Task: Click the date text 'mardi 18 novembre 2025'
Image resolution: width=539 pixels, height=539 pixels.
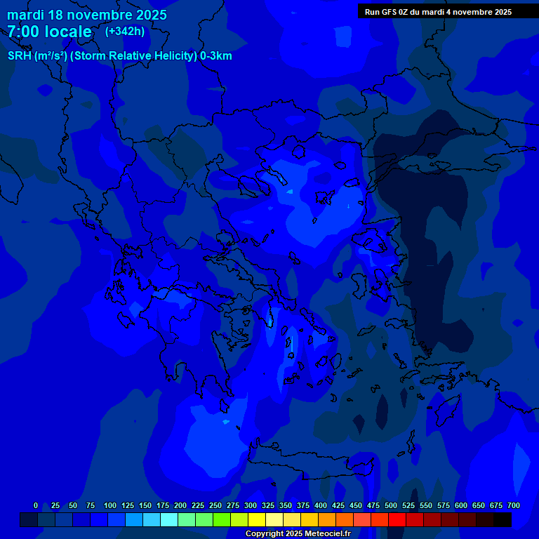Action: coord(87,15)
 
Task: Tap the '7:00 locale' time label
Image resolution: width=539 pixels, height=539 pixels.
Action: coord(49,32)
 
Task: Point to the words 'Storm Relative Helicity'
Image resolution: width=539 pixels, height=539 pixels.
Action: coord(133,56)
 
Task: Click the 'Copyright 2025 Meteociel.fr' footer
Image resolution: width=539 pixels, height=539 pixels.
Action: coord(298,533)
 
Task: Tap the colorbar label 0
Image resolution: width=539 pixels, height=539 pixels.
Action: coord(36,505)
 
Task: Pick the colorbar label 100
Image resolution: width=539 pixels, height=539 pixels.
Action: coord(110,505)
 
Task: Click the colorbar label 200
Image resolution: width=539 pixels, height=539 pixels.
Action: coord(180,505)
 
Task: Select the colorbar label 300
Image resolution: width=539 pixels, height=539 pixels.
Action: coord(251,505)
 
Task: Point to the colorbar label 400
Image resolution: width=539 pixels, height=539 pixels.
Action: coord(321,505)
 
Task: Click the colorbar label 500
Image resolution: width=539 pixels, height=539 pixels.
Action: coord(391,505)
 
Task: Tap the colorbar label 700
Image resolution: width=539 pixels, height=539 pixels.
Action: coord(514,505)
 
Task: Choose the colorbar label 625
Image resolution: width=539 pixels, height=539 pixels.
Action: coord(479,505)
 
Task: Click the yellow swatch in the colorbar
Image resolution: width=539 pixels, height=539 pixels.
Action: coord(256,520)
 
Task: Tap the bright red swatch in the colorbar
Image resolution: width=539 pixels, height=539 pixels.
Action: coord(397,520)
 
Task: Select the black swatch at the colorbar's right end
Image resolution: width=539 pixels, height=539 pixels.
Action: coord(502,520)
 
